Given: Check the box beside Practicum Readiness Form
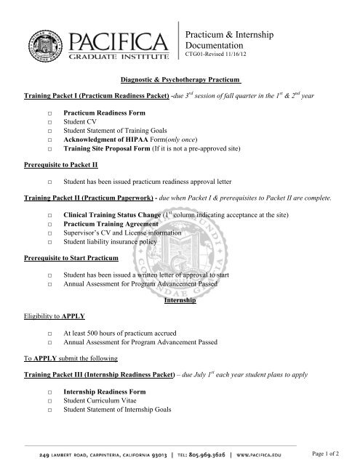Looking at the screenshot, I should click(48, 114).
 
